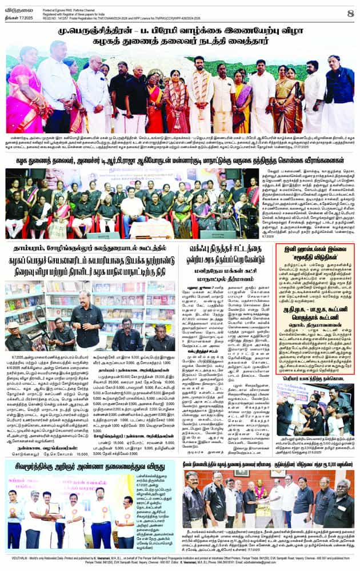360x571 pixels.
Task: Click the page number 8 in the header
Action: point(350,13)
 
